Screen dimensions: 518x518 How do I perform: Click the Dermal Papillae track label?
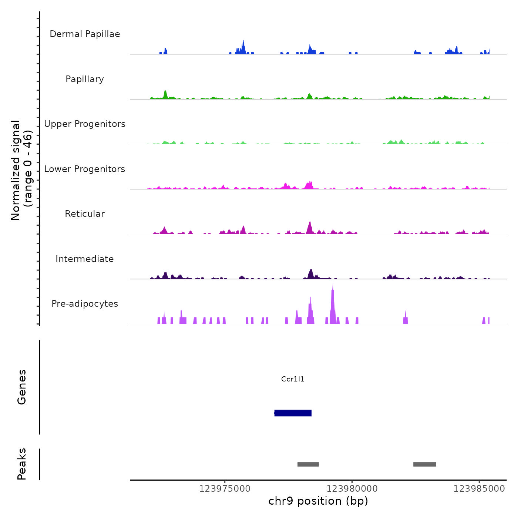pyautogui.click(x=85, y=34)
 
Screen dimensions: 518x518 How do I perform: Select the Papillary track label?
pyautogui.click(x=85, y=79)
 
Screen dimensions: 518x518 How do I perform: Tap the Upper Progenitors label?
pyautogui.click(x=85, y=124)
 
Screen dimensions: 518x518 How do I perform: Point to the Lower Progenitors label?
pyautogui.click(x=85, y=169)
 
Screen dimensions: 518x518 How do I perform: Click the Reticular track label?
pyautogui.click(x=85, y=214)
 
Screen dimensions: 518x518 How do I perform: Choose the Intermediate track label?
pyautogui.click(x=85, y=259)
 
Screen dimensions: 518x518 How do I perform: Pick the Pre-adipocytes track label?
pyautogui.click(x=85, y=304)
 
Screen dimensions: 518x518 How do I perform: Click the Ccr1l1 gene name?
pyautogui.click(x=293, y=379)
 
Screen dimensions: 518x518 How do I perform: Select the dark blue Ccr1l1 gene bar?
pyautogui.click(x=293, y=413)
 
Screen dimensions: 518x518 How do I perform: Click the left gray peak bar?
pyautogui.click(x=308, y=464)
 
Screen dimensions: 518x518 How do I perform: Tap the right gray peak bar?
pyautogui.click(x=425, y=464)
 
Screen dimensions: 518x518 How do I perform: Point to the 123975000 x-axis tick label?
pyautogui.click(x=225, y=489)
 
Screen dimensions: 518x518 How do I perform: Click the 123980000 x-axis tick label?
pyautogui.click(x=352, y=489)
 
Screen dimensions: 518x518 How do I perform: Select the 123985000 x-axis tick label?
pyautogui.click(x=479, y=489)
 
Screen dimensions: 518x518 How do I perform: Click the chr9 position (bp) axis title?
pyautogui.click(x=318, y=501)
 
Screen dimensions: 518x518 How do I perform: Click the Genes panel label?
pyautogui.click(x=22, y=387)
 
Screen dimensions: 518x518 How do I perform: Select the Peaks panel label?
pyautogui.click(x=22, y=464)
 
